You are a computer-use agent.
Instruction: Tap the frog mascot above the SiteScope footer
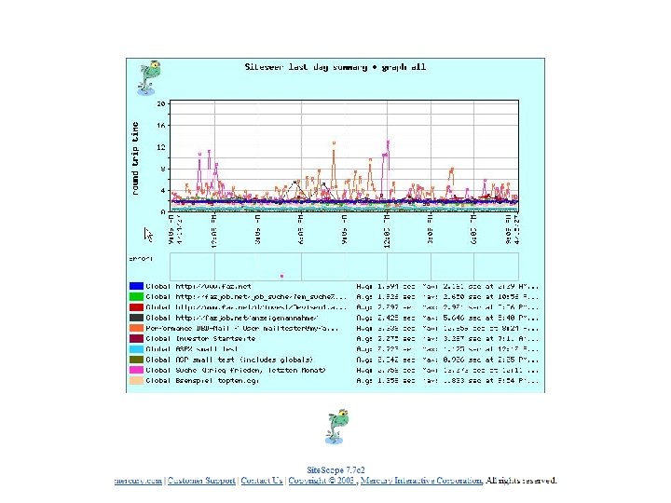pos(336,426)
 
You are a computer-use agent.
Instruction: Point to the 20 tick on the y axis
pos(161,102)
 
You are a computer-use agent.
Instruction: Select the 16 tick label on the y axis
pos(161,125)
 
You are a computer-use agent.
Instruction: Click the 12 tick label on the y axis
pos(161,147)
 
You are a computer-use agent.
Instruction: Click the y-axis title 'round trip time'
pos(136,157)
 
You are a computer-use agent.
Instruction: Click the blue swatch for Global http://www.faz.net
pos(136,285)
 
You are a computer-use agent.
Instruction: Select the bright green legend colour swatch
pos(136,295)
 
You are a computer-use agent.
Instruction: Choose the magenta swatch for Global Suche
pos(136,371)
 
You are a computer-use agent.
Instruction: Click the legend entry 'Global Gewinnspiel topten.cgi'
pos(200,381)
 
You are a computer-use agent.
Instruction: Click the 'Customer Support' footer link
pos(199,481)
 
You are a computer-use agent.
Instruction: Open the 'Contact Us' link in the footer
pos(262,481)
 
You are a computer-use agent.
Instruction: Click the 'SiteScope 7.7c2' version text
pos(337,469)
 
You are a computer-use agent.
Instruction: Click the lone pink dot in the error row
pos(281,275)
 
